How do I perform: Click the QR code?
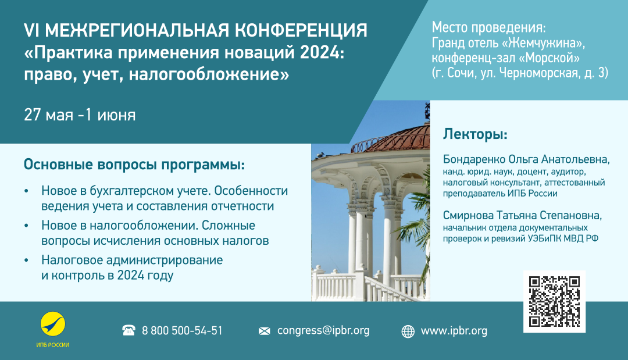coord(554,301)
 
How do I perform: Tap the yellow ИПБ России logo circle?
coord(53,324)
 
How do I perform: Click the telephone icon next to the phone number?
coord(129,330)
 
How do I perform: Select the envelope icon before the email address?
coord(265,331)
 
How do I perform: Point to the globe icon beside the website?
coord(408,332)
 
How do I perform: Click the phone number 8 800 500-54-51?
coord(182,331)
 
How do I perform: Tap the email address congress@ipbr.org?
coord(323,331)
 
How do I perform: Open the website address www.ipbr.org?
coord(454,331)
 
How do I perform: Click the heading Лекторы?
coord(475,134)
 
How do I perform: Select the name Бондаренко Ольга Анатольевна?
coord(526,159)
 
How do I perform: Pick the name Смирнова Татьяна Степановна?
coord(522,215)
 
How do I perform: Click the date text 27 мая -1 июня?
coord(80,115)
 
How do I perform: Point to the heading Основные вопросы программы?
coord(134,165)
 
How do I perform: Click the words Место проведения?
coord(488,28)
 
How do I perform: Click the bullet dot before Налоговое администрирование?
coord(26,261)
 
